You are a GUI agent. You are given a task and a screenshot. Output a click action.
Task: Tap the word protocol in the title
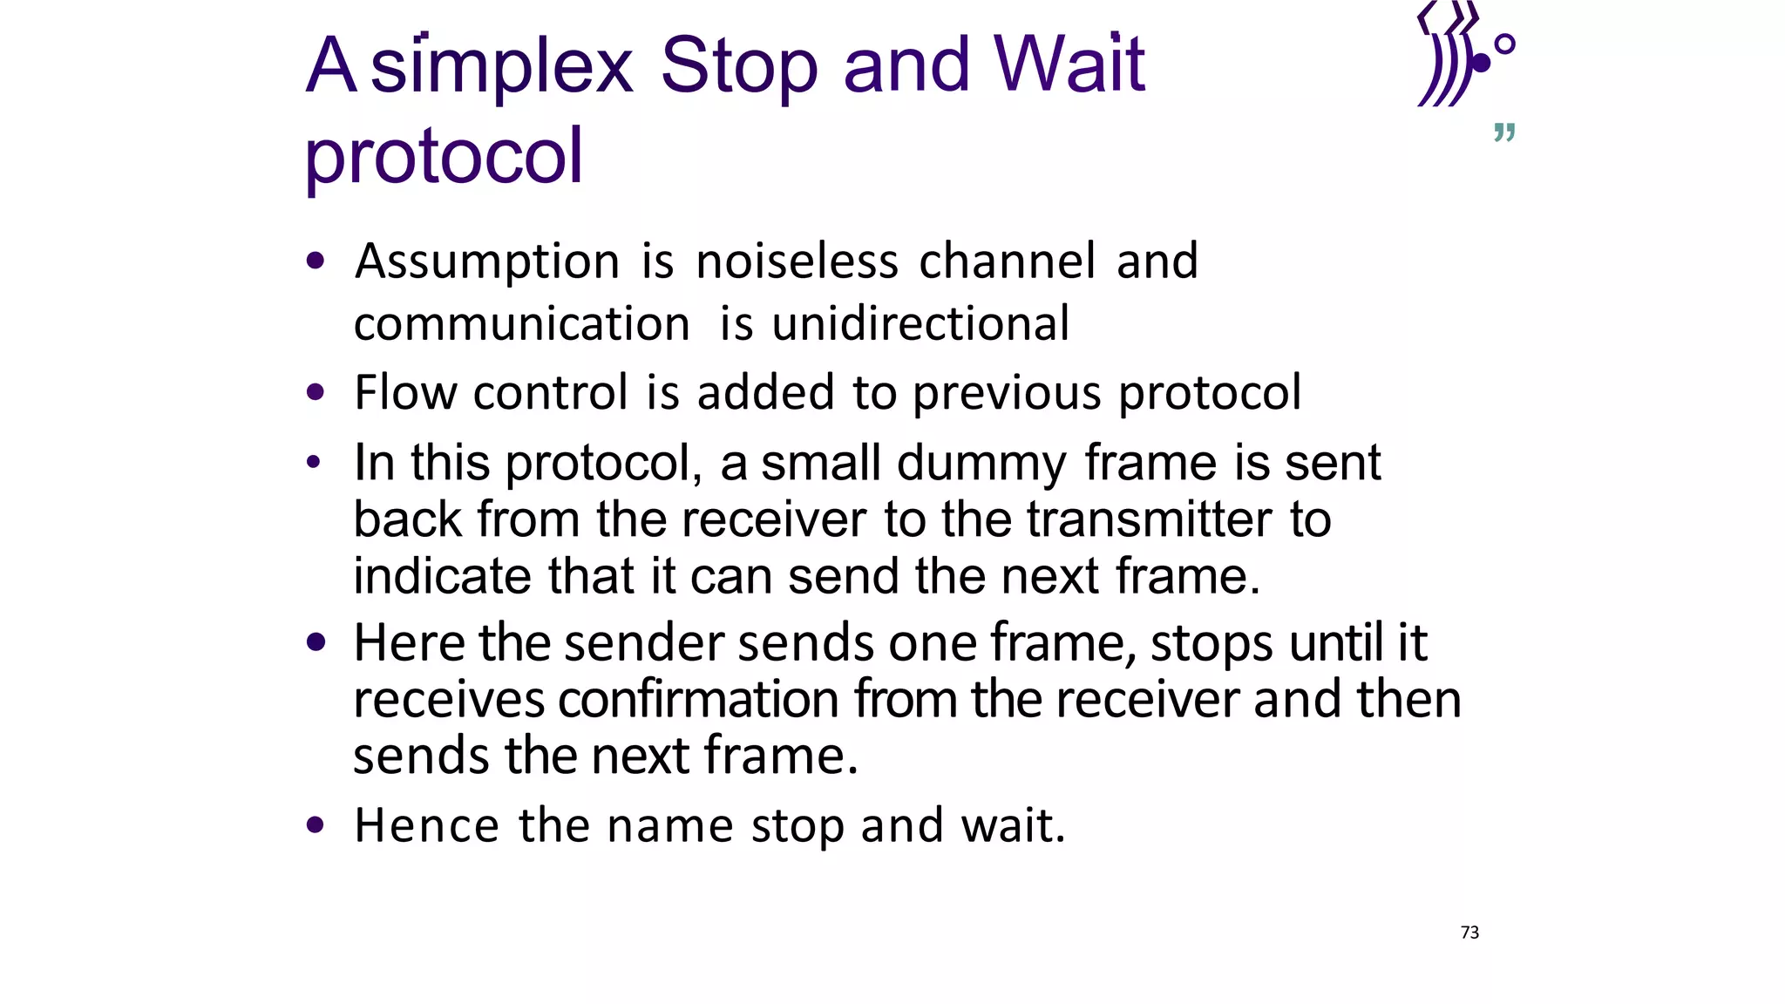[444, 157]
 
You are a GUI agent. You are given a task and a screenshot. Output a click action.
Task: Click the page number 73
[1469, 933]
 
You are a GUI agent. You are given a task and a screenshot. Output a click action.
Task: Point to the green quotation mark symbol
[1504, 132]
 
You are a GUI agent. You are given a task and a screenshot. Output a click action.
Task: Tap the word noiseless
[797, 261]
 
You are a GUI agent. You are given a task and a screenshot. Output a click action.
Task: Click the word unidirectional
[920, 324]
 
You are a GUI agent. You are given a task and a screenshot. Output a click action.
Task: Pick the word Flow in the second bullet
[405, 393]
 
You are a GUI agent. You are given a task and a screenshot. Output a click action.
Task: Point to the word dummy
[981, 464]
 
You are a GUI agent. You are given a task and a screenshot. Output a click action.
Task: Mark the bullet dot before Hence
[316, 824]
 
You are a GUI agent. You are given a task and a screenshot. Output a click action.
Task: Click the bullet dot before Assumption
[316, 261]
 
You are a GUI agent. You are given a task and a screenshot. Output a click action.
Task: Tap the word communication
[522, 325]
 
